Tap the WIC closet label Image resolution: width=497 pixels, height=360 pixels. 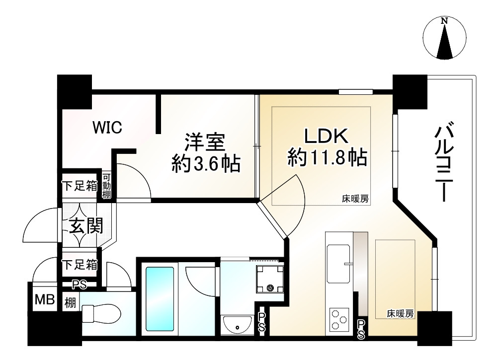click(x=107, y=128)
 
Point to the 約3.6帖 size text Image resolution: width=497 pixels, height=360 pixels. click(x=205, y=163)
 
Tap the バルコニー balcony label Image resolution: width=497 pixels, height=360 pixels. click(x=443, y=164)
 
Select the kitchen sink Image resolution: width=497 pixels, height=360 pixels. click(x=339, y=261)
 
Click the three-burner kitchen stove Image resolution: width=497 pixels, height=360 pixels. click(x=339, y=318)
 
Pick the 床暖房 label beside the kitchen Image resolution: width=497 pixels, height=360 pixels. click(x=401, y=314)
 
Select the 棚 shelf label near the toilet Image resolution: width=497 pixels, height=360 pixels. click(x=70, y=301)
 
